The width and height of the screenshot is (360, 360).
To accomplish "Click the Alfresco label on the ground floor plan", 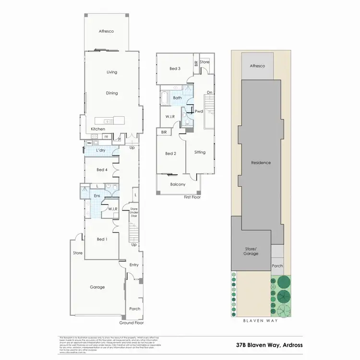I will pyautogui.click(x=106, y=31).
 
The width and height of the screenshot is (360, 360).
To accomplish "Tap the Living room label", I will pyautogui.click(x=112, y=72).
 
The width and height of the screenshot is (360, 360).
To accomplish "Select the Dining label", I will pyautogui.click(x=112, y=94).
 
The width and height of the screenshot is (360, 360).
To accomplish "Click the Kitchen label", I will pyautogui.click(x=98, y=130).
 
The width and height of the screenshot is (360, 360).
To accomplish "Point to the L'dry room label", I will pyautogui.click(x=101, y=151).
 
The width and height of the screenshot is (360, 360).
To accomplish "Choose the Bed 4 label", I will pyautogui.click(x=102, y=170).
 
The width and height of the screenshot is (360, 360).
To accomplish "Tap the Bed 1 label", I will pyautogui.click(x=102, y=239).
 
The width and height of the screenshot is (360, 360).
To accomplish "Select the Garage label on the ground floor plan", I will pyautogui.click(x=97, y=287).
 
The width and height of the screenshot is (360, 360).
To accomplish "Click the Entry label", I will pyautogui.click(x=134, y=264).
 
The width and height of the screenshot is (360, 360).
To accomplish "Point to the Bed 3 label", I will pyautogui.click(x=175, y=69).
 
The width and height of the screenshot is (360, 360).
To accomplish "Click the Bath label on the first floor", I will pyautogui.click(x=178, y=98).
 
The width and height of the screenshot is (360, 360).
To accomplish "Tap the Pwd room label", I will pyautogui.click(x=199, y=111).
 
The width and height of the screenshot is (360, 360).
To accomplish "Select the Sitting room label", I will pyautogui.click(x=200, y=152).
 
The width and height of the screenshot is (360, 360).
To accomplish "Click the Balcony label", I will pyautogui.click(x=178, y=184).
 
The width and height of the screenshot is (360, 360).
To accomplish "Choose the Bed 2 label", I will pyautogui.click(x=171, y=154).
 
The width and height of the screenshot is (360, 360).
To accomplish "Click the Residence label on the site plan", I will pyautogui.click(x=261, y=163).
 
